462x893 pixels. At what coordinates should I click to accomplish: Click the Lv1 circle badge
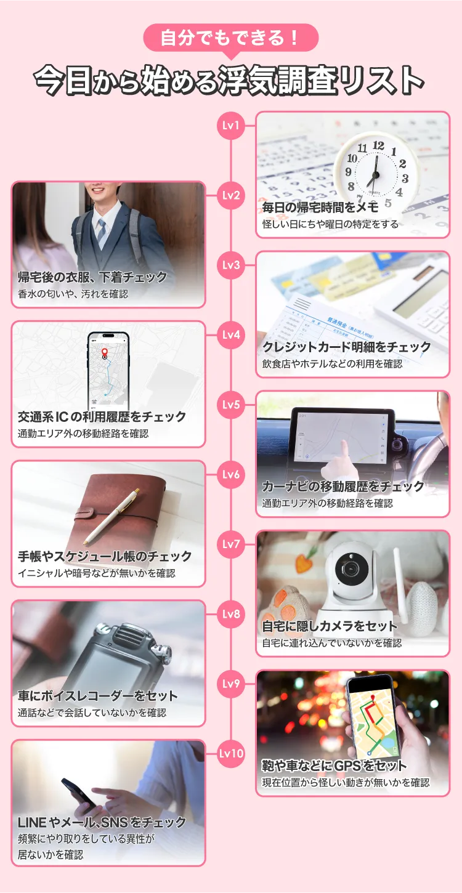(x=231, y=126)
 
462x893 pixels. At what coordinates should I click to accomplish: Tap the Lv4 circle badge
(x=231, y=335)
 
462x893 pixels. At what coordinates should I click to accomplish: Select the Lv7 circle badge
(x=231, y=544)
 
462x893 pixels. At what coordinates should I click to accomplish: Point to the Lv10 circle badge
(x=231, y=753)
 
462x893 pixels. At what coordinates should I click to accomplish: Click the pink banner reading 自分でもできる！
(x=230, y=38)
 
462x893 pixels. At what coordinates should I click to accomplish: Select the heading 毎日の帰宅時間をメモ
(x=320, y=208)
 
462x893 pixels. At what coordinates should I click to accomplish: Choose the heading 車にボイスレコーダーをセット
(x=98, y=696)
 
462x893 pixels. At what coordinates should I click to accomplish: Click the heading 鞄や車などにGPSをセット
(x=334, y=766)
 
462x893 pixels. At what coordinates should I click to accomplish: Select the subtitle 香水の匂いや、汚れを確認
(x=73, y=294)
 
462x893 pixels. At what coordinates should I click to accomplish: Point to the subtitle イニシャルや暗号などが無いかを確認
(x=97, y=573)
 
